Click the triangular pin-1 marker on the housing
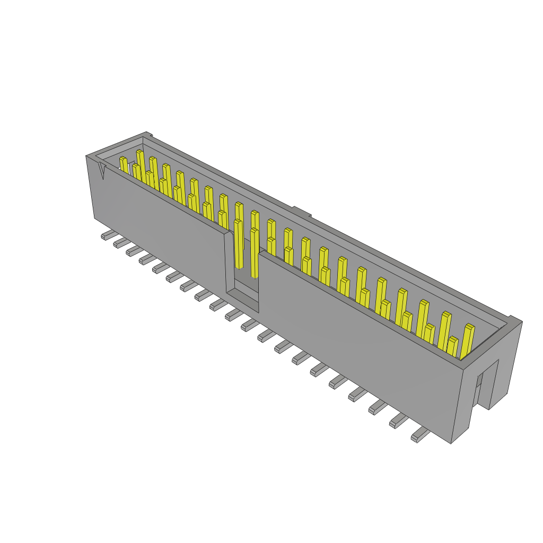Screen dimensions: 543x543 point(102,171)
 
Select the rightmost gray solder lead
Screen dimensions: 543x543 point(420,435)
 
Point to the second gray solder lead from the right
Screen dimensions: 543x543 point(398,421)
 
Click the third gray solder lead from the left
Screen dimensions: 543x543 point(133,251)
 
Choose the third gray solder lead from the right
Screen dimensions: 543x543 point(377,407)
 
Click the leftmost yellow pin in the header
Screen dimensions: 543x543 point(124,165)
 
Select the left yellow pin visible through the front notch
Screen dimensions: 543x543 point(238,244)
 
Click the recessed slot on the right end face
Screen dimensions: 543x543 point(491,383)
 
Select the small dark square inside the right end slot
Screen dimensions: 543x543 point(479,380)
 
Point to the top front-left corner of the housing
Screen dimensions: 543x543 point(87,156)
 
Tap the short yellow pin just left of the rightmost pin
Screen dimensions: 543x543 point(452,346)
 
